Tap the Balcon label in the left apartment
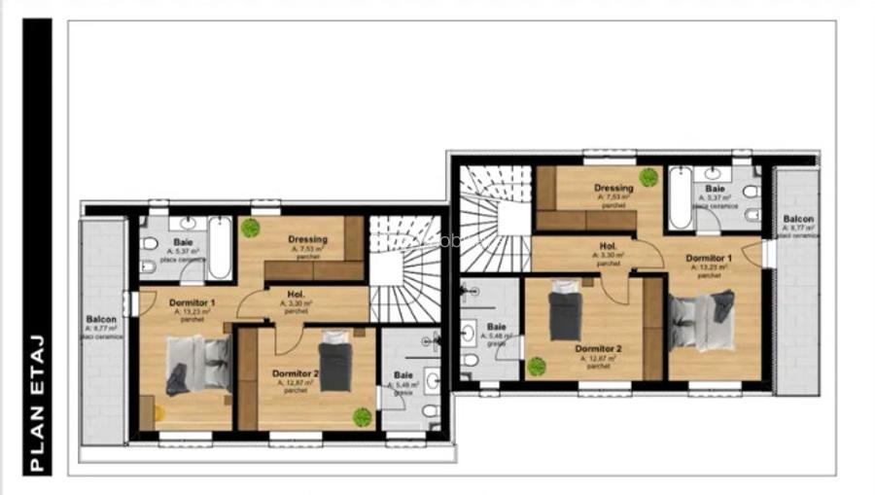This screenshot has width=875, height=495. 101,319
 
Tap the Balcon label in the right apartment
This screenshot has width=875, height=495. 798,220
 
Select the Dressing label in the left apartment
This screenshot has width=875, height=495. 307,239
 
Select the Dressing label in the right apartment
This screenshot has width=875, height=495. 613,188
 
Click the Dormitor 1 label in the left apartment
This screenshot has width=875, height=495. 192,303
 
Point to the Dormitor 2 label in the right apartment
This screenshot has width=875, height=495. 598,348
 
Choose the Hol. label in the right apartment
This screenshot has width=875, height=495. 609,246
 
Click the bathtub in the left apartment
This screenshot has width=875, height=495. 220,247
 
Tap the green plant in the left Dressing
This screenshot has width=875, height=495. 251,228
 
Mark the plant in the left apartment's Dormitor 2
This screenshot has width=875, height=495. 362,417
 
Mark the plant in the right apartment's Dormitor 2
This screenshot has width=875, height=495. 536,367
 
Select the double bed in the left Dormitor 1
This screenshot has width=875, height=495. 198,364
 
